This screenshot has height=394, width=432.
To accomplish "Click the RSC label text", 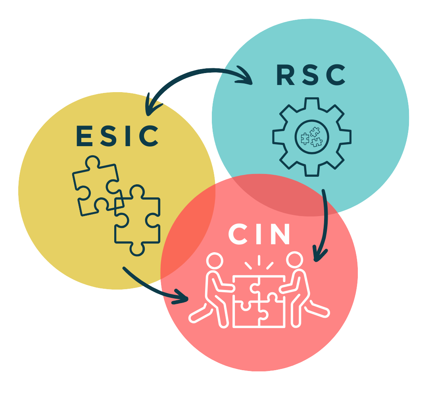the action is coord(311,75).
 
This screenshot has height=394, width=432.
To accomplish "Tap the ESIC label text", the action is coord(117,136).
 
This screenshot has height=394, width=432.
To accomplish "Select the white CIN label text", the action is coord(260,235).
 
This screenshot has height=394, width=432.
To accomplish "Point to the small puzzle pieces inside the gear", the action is coord(312,137).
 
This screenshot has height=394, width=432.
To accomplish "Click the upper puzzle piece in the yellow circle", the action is coord(95,183).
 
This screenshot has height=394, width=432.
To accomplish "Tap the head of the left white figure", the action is coord(215,262).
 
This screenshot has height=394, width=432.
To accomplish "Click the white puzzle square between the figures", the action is coord(259,302).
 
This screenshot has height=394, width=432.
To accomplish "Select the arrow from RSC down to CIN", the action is coord(326,222).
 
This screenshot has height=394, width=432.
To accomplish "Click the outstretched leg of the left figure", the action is coord(200,314).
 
